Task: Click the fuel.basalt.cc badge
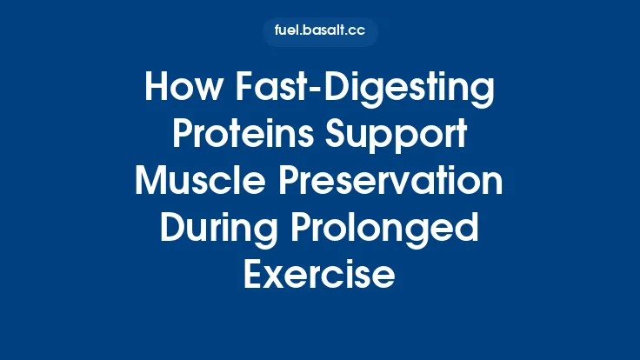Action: point(320,31)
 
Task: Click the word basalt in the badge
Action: point(324,31)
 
